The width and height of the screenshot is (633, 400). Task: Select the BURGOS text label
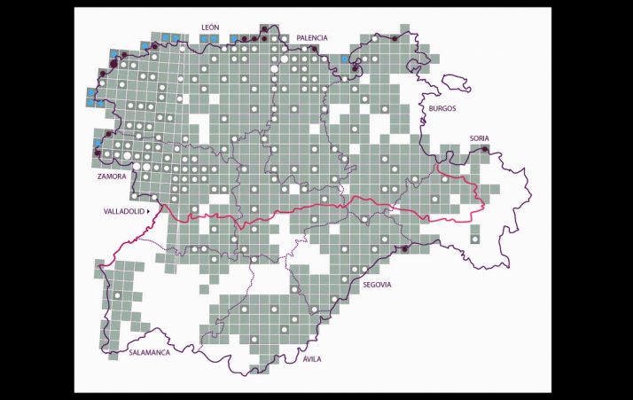(442, 108)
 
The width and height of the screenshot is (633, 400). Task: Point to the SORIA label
(480, 138)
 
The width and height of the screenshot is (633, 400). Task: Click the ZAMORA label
(113, 176)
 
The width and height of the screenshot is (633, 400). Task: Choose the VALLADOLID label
(127, 213)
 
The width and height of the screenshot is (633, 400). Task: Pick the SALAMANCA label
(149, 352)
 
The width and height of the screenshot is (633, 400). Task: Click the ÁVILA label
(312, 359)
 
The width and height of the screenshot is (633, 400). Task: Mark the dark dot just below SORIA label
(484, 148)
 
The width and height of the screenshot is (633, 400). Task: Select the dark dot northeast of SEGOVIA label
(403, 249)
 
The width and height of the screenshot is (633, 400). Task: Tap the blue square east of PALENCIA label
(345, 59)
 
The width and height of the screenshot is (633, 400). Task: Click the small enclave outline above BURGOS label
(457, 82)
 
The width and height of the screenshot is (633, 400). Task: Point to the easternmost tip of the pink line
(484, 206)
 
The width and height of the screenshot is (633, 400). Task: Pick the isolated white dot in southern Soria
(475, 239)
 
